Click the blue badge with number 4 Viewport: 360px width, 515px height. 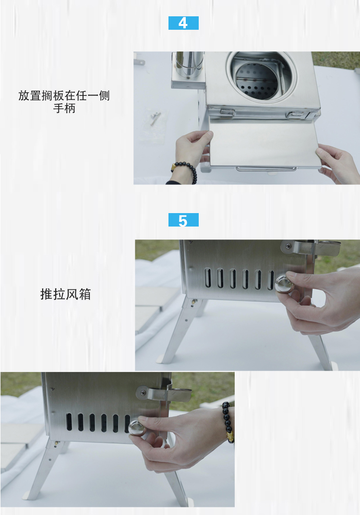point(183,23)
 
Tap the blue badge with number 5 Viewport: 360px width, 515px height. point(183,220)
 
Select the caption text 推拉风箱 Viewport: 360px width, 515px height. point(65,294)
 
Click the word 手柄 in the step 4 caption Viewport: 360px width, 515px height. point(64,108)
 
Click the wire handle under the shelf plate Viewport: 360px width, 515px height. point(266,168)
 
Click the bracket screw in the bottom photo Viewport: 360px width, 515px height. point(143,393)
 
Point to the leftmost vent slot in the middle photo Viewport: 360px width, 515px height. point(208,278)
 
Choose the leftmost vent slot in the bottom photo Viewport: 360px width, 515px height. point(69,422)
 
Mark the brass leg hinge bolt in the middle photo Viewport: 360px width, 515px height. point(193,302)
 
